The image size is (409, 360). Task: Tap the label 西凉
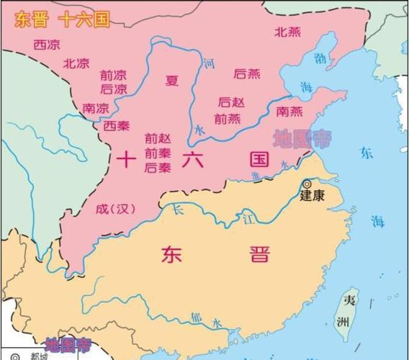tap(47, 44)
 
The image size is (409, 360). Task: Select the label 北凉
tap(76, 63)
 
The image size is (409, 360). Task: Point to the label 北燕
tap(288, 32)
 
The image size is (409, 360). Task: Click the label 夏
tap(171, 80)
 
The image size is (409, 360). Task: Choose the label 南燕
tap(290, 111)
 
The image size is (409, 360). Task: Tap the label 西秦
tap(116, 126)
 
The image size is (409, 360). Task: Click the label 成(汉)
tap(116, 210)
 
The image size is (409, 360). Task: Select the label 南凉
tap(96, 108)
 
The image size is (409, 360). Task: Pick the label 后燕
tap(247, 73)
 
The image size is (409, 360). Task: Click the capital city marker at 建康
tap(307, 184)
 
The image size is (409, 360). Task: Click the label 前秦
tap(158, 153)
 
